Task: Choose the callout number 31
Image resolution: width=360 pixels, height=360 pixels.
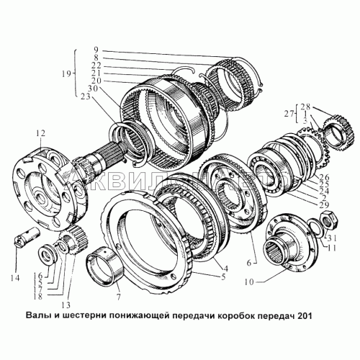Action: [330, 239]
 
